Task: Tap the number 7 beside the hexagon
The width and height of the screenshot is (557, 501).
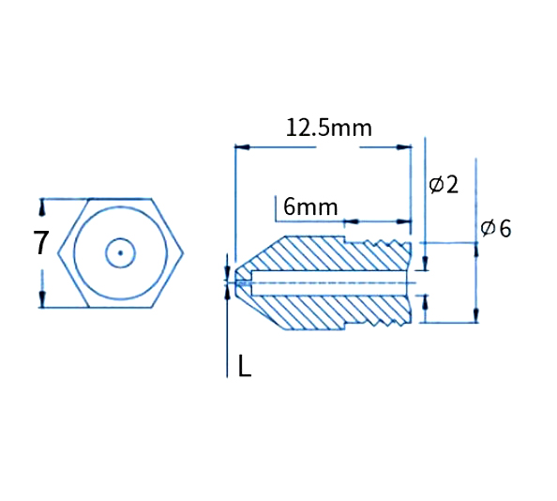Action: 40,243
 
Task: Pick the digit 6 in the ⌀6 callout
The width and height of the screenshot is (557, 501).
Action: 504,229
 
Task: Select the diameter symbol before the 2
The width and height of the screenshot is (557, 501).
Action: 436,185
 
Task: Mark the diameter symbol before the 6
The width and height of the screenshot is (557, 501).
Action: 488,229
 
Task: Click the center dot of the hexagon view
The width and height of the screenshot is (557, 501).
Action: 120,252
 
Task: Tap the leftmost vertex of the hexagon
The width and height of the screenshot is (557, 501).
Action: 58,252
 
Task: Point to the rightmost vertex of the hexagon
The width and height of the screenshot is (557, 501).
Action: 184,252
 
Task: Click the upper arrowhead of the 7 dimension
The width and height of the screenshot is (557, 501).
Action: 42,205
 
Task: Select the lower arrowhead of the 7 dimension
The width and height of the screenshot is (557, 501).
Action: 42,299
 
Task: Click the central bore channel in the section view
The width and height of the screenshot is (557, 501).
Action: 328,281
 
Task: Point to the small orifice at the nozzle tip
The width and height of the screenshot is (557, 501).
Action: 241,281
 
